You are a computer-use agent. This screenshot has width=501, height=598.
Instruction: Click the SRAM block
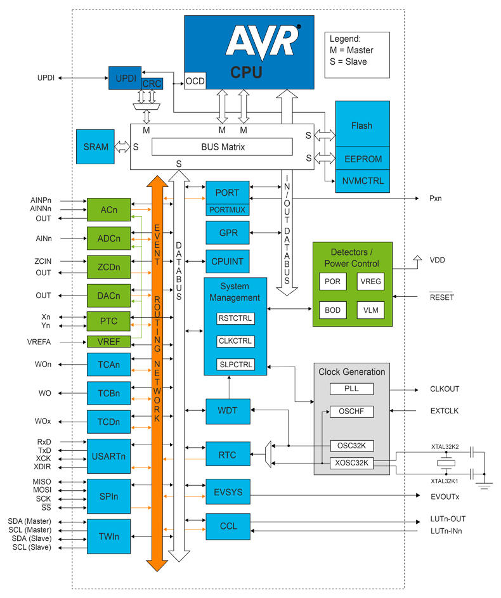coord(95,147)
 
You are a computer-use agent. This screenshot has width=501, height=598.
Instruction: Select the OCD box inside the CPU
coord(195,81)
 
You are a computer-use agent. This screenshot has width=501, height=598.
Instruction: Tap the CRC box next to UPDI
coord(152,84)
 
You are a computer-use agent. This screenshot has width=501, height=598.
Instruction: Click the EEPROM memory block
coord(363,159)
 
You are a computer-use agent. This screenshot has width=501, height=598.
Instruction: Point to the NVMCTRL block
coord(363,181)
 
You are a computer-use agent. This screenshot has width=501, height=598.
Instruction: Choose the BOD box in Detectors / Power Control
coord(332,310)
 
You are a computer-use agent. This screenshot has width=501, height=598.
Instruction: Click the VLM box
coord(370,310)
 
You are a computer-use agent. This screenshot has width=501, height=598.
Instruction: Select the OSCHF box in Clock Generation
coord(351,412)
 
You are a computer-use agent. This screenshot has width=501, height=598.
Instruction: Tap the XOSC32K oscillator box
coord(351,463)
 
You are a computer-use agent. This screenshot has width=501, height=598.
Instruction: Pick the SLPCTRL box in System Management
coord(236,365)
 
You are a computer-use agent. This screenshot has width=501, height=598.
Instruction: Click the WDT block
coord(228,411)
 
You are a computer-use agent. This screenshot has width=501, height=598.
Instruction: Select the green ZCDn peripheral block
coord(108,267)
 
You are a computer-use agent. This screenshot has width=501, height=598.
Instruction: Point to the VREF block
coord(108,342)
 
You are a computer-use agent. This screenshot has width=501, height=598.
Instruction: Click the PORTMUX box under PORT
coord(227,210)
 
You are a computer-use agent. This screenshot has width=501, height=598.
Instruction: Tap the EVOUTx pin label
coord(445,497)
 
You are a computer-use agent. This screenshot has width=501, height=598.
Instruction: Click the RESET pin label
coord(441,297)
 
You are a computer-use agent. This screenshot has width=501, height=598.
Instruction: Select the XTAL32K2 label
coord(445,446)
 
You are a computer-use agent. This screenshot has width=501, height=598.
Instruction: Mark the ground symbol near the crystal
coord(485,485)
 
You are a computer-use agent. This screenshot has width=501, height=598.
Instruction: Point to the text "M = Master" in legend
coord(351,50)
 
